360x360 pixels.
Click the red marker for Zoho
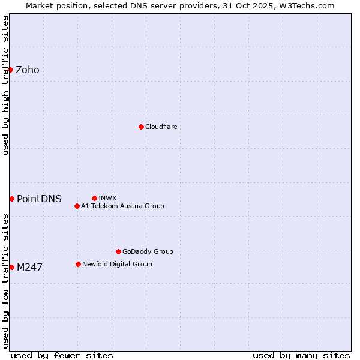point(10,70)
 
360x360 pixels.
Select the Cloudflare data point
point(141,127)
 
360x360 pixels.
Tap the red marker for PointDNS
point(11,199)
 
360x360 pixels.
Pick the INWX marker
point(94,198)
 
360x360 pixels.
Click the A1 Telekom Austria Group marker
point(77,206)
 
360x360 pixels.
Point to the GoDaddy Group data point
point(118,251)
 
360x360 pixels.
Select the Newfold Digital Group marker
point(78,264)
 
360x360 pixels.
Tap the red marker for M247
point(11,267)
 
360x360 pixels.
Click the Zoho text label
point(28,70)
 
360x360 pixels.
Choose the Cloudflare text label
point(161,127)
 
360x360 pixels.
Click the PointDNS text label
point(39,199)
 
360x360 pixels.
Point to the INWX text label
point(107,198)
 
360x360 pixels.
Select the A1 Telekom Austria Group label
point(122,206)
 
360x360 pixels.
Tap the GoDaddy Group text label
point(148,251)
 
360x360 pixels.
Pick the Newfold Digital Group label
point(117,264)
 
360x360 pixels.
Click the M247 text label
point(29,267)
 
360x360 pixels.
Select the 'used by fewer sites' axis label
point(62,355)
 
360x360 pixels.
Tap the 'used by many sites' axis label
point(301,355)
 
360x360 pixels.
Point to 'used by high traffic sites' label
point(5,85)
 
